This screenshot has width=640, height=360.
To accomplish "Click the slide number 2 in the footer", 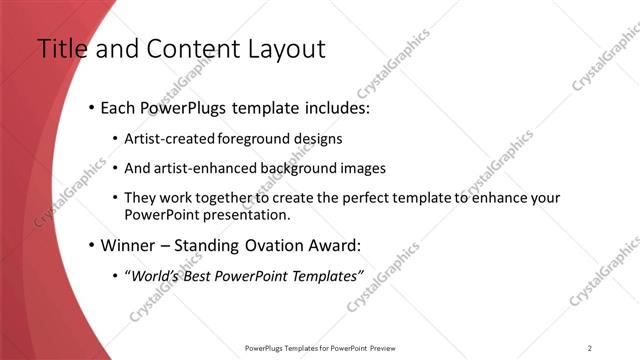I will point(590,347).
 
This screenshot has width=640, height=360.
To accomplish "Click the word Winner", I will point(127,245).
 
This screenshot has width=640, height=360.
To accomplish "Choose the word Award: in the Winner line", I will point(332,245).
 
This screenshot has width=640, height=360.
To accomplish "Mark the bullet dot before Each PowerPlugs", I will point(92,106).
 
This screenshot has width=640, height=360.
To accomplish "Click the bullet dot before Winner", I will point(92,245).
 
